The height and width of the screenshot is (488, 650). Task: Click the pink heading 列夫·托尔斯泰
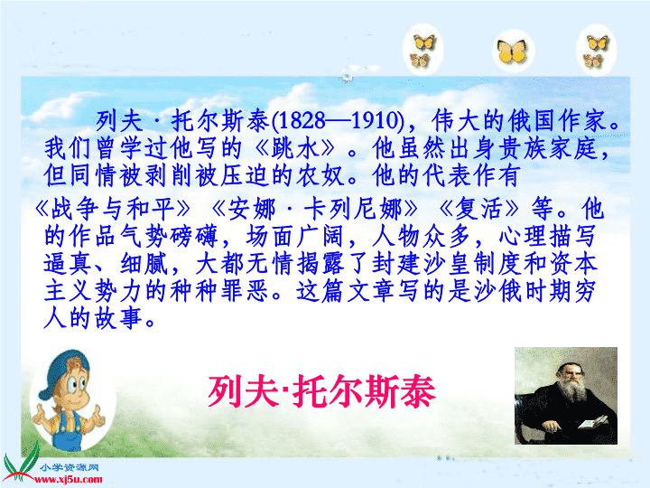[321, 391]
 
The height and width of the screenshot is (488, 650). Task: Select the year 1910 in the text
[376, 121]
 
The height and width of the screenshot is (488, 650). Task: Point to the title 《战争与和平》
[113, 209]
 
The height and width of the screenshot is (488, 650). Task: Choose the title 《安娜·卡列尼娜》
[315, 209]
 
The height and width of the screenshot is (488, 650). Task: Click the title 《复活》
[478, 209]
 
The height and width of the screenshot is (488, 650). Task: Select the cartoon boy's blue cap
[60, 371]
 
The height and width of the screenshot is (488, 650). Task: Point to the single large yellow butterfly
[513, 52]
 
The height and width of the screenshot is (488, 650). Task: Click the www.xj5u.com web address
[68, 480]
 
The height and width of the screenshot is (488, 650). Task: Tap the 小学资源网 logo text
[70, 468]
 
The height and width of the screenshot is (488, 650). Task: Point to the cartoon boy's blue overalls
[66, 430]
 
